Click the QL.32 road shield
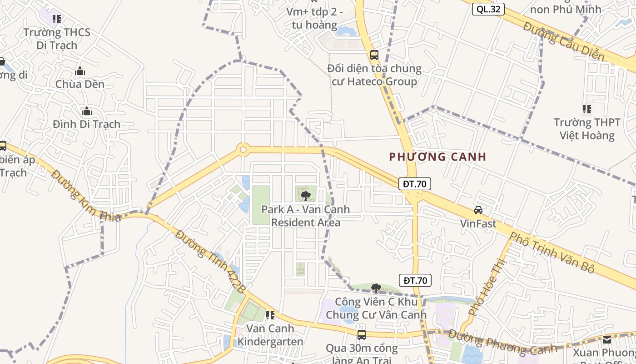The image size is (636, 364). point(488,9)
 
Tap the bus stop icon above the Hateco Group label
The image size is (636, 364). point(374,55)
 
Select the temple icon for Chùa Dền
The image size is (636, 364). point(80,71)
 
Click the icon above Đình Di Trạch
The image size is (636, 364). point(86,111)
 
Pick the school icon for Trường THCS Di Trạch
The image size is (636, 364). point(57,19)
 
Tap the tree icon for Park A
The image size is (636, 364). point(306,196)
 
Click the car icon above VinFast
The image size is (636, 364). point(478,210)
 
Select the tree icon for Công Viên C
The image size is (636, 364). point(376,288)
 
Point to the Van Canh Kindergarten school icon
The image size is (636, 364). point(270,315)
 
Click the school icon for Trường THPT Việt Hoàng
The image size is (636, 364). point(587,109)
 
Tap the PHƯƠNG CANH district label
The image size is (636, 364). point(438,157)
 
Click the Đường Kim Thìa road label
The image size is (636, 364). point(86,196)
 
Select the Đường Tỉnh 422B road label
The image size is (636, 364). point(211,262)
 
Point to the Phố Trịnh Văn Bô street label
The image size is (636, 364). point(552,252)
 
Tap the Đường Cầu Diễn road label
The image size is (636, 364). point(564,41)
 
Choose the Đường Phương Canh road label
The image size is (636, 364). point(502,342)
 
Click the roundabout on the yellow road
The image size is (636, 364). point(243,149)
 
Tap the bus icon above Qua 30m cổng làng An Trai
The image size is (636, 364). point(362,335)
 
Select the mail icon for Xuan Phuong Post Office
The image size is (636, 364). point(607,339)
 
